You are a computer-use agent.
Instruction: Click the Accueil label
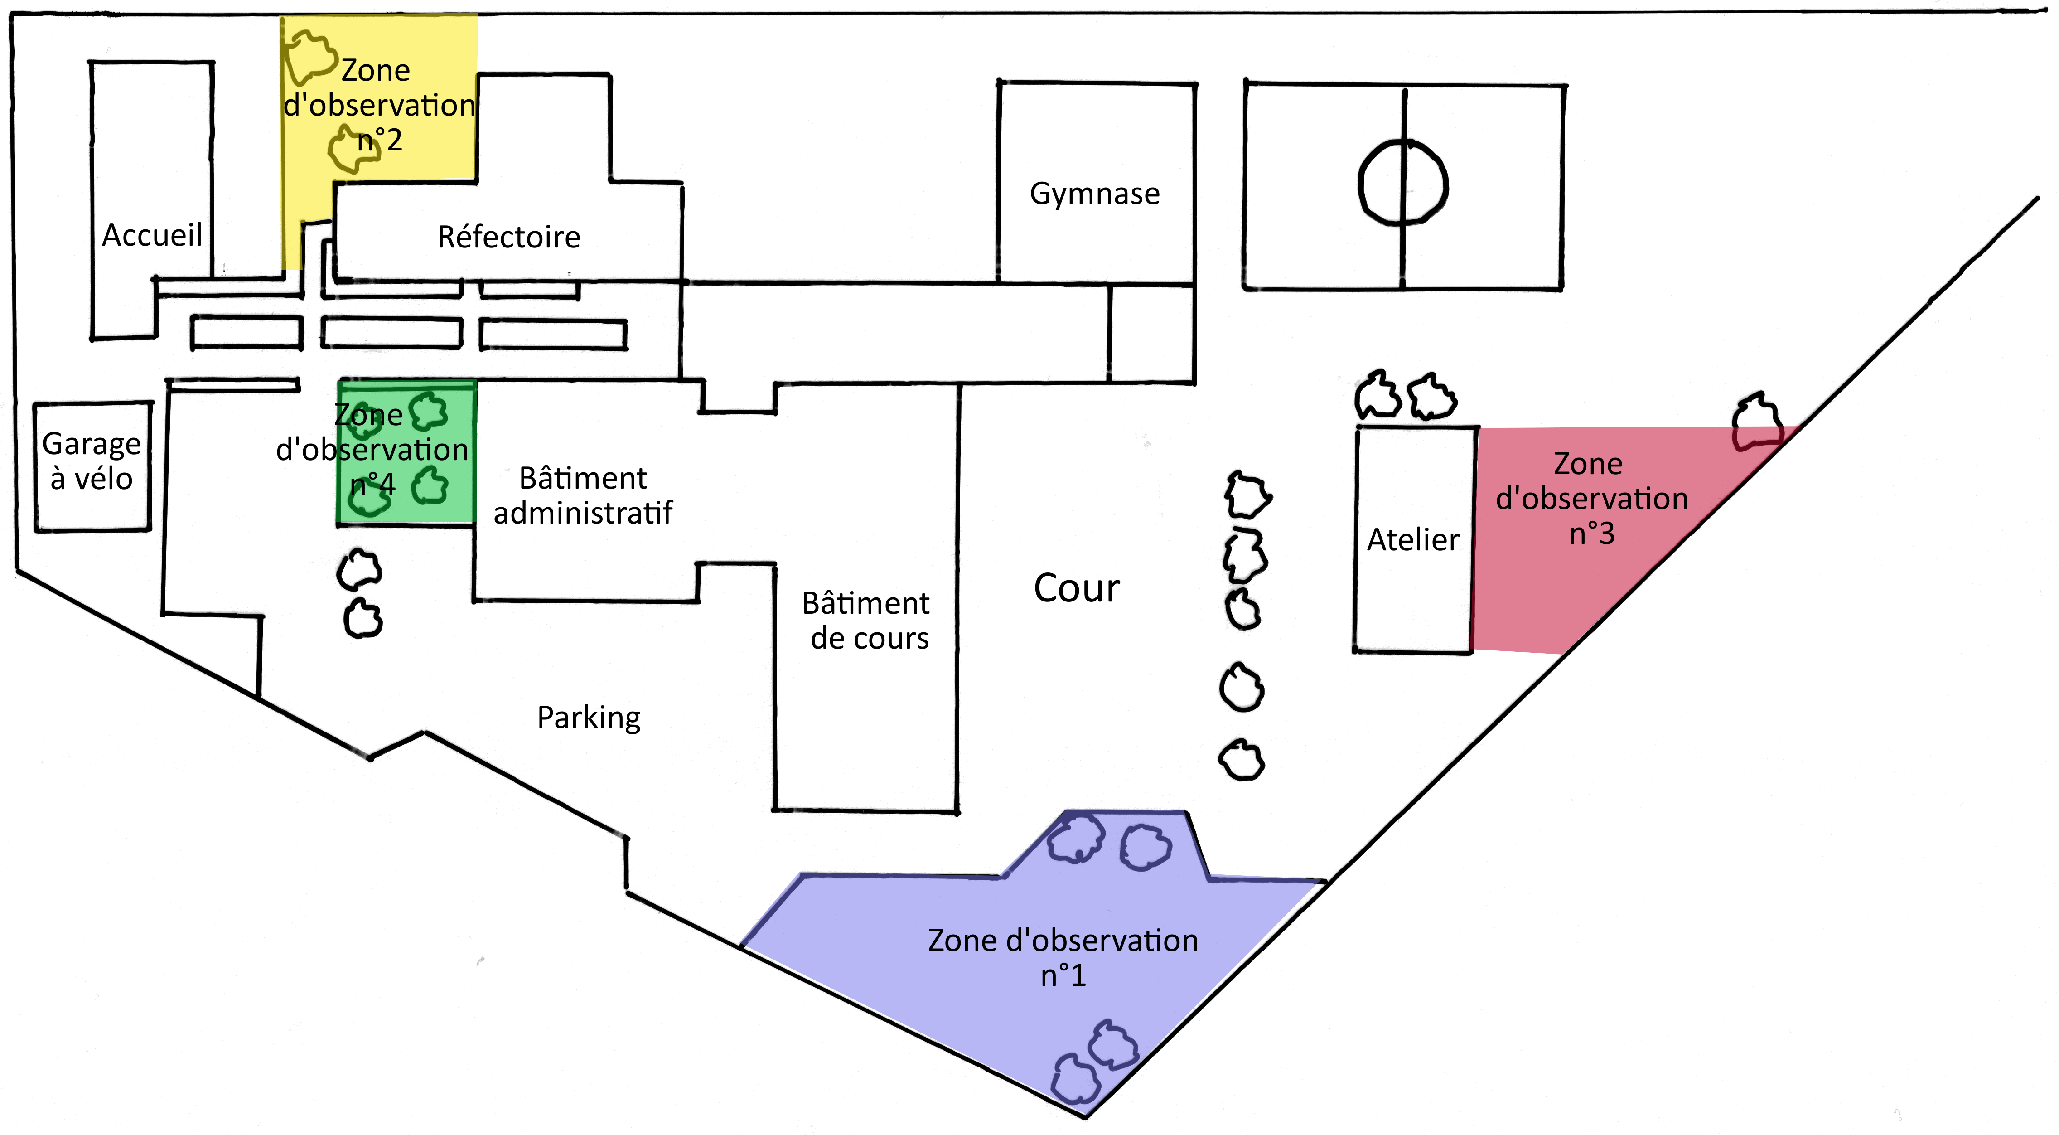[152, 235]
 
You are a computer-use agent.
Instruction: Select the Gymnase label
[1094, 194]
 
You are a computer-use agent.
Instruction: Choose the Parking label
[588, 718]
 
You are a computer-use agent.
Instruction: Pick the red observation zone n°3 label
[1590, 499]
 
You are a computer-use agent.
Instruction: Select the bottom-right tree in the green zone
[430, 486]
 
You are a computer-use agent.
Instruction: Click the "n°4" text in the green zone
[372, 485]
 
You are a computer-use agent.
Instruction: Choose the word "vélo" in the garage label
[103, 479]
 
